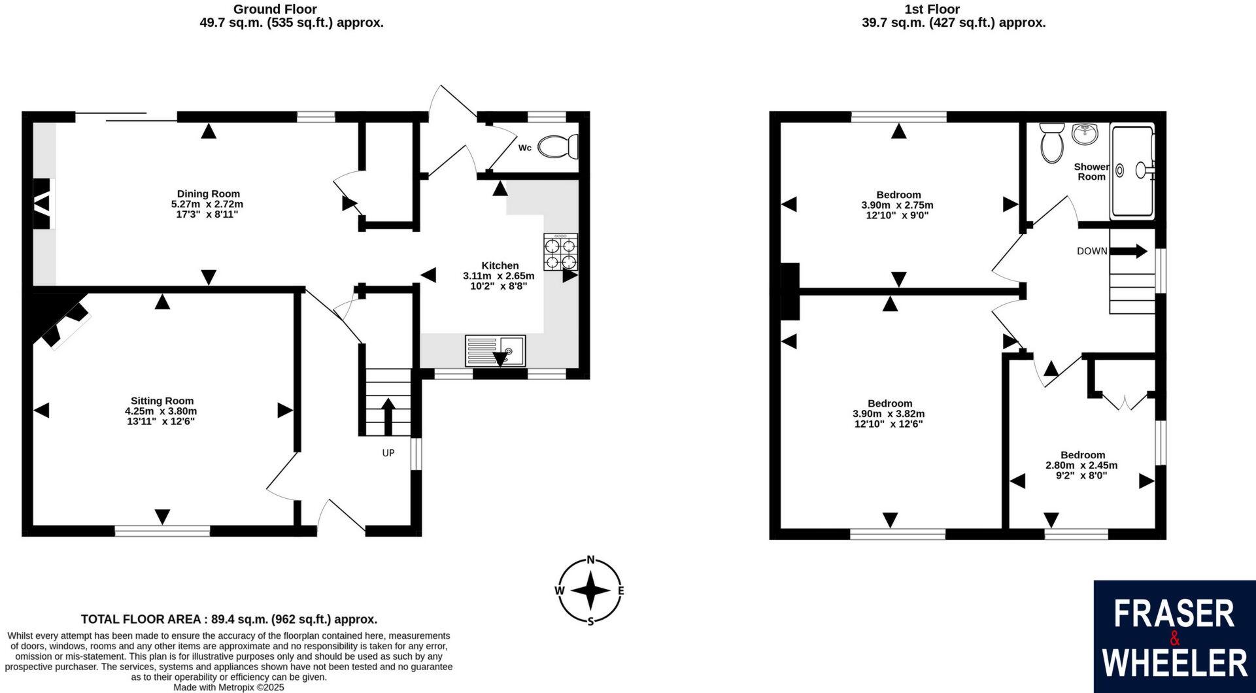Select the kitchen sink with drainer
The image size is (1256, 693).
coord(495,350)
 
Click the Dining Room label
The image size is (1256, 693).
coord(209,194)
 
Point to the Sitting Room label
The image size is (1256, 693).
coord(162,401)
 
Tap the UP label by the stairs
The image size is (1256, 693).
coord(388,452)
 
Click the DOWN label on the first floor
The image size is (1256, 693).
coord(1092,251)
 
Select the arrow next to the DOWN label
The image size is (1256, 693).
coord(1129,251)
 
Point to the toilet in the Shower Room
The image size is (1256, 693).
coord(1052,143)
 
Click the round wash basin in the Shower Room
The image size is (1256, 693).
coord(1085,134)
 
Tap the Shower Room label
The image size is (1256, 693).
coord(1091,171)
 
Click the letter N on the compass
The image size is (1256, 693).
coord(591,560)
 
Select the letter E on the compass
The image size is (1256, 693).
coord(620,590)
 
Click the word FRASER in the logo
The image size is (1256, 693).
coord(1174,614)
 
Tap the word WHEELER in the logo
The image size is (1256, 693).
coord(1174,662)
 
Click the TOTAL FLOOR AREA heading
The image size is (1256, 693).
coord(229,619)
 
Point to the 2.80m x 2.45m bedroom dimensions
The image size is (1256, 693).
coord(1081,465)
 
